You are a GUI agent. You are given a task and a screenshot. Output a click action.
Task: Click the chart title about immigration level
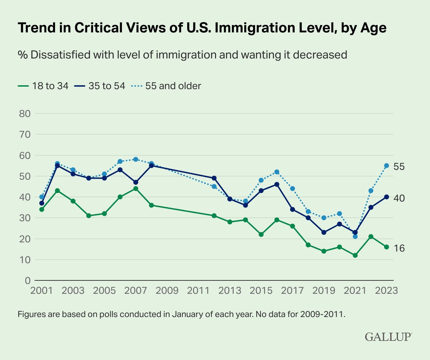click(202, 28)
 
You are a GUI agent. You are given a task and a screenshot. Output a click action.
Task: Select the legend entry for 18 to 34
click(43, 86)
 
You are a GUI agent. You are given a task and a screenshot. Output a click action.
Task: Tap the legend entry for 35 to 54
click(100, 86)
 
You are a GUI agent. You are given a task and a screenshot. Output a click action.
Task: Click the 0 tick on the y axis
click(27, 281)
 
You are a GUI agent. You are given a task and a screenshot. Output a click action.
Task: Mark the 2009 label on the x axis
click(167, 291)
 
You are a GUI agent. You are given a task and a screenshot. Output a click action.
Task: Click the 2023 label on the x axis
click(386, 291)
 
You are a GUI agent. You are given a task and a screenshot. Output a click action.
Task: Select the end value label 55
click(399, 166)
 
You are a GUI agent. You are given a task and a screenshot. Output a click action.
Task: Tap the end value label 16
click(399, 248)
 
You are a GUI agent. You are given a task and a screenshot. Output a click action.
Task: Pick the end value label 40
click(399, 198)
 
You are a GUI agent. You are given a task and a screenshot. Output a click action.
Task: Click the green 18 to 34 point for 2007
click(136, 189)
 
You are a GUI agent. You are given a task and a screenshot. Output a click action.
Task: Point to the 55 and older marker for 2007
click(136, 159)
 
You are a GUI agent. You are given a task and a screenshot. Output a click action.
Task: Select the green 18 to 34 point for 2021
click(355, 255)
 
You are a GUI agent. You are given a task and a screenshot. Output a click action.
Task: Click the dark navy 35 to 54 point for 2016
click(277, 184)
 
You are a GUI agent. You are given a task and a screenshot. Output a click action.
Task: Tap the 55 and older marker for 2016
click(277, 172)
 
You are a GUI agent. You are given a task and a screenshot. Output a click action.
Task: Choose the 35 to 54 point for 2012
click(214, 178)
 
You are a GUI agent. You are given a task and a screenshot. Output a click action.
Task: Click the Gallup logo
click(388, 336)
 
